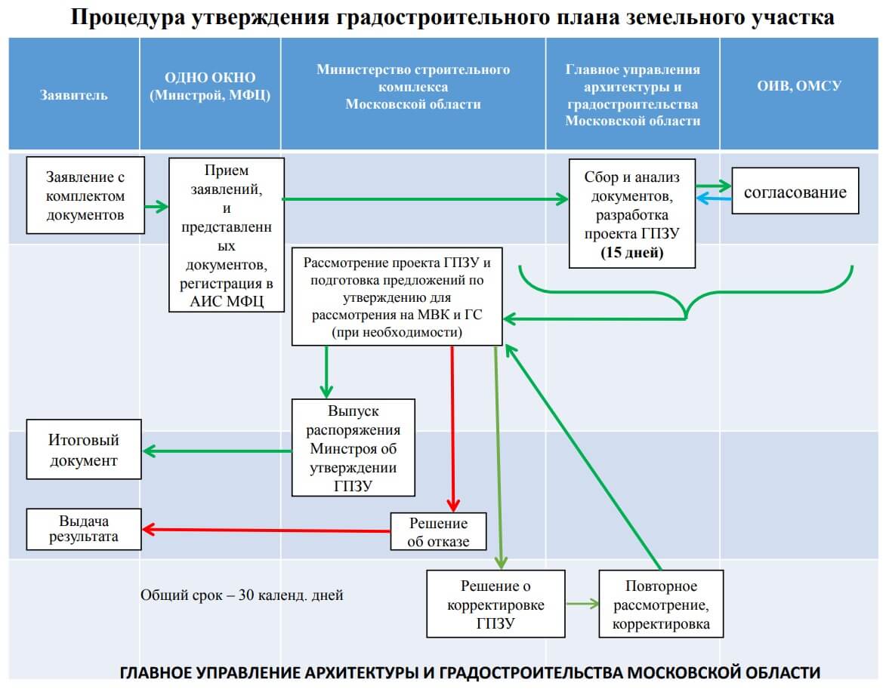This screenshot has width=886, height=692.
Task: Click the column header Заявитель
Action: tap(74, 95)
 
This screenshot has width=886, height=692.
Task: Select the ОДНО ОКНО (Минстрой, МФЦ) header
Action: tap(210, 87)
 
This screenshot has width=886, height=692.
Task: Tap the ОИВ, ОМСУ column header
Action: tap(799, 86)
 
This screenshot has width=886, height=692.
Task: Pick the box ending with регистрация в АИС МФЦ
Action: tap(227, 235)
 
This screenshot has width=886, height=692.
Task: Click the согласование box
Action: tap(795, 192)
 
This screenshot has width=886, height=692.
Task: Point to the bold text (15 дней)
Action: tap(631, 253)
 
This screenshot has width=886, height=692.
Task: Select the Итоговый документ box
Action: tap(84, 450)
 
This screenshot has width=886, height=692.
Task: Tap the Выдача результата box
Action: tap(84, 529)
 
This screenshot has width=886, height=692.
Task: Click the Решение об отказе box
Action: tap(438, 532)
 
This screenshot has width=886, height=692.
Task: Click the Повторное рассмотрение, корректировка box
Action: tap(661, 605)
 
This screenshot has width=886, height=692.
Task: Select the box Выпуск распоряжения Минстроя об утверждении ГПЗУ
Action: tap(353, 448)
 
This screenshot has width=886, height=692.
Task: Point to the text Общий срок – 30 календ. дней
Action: tap(242, 595)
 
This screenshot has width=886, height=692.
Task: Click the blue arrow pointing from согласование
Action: tap(714, 198)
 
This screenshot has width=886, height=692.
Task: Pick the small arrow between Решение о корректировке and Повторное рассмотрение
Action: tap(582, 604)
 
